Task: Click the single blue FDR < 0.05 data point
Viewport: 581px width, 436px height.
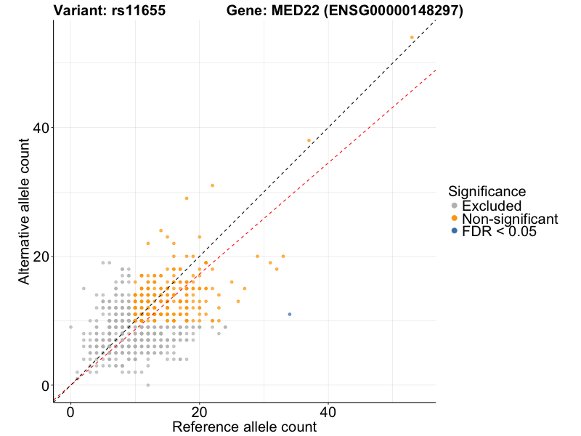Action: click(x=290, y=314)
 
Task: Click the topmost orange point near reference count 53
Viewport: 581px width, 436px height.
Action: click(x=412, y=37)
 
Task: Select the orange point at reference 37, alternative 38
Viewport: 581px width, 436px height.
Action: click(x=309, y=140)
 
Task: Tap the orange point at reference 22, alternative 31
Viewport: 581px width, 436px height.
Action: click(x=212, y=185)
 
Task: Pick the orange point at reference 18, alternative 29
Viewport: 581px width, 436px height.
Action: click(x=187, y=198)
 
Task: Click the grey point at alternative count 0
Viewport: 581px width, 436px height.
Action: click(x=148, y=385)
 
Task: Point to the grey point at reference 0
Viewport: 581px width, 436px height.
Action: click(x=70, y=327)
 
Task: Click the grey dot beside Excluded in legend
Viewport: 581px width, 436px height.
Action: click(x=454, y=206)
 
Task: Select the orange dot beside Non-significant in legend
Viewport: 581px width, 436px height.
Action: click(x=454, y=219)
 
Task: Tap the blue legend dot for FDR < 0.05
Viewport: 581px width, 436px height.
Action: click(x=454, y=231)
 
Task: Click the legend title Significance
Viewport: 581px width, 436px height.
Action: click(x=487, y=192)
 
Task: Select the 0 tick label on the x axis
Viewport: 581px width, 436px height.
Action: click(x=70, y=411)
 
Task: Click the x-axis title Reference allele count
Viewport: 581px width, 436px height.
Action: click(x=244, y=427)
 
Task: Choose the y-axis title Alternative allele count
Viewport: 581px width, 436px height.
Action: click(x=25, y=211)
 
